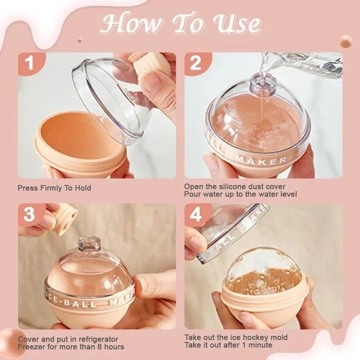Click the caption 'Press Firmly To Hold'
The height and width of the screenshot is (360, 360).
(55, 188)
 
